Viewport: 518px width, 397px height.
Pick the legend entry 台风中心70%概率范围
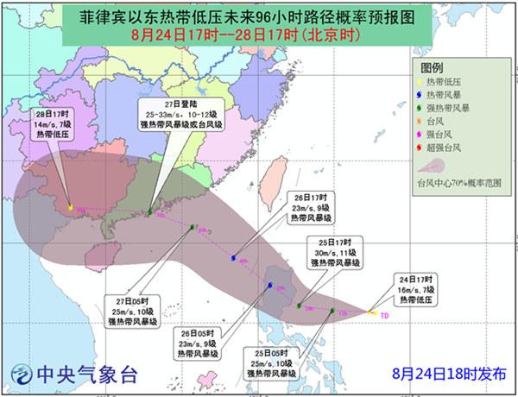click(459, 183)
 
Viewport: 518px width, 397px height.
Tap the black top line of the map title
click(258, 14)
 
